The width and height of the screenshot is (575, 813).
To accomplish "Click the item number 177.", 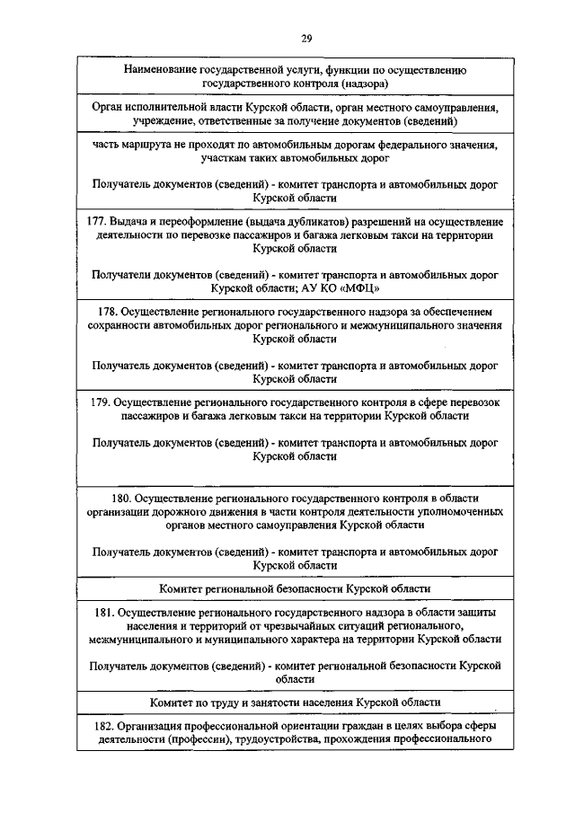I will pos(97,221).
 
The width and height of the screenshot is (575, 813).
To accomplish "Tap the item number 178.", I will pos(107,311).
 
